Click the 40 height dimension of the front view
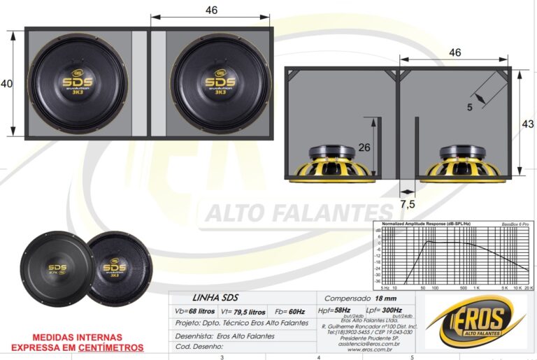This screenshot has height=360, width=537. point(6,84)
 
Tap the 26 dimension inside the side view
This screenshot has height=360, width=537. point(364,147)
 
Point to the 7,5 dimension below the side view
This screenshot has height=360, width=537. point(408,204)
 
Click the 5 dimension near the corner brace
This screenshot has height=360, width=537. point(470,107)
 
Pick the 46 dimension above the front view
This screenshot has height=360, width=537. point(211,10)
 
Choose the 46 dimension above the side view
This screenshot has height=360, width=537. point(454,52)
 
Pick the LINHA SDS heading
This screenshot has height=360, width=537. point(215,298)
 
